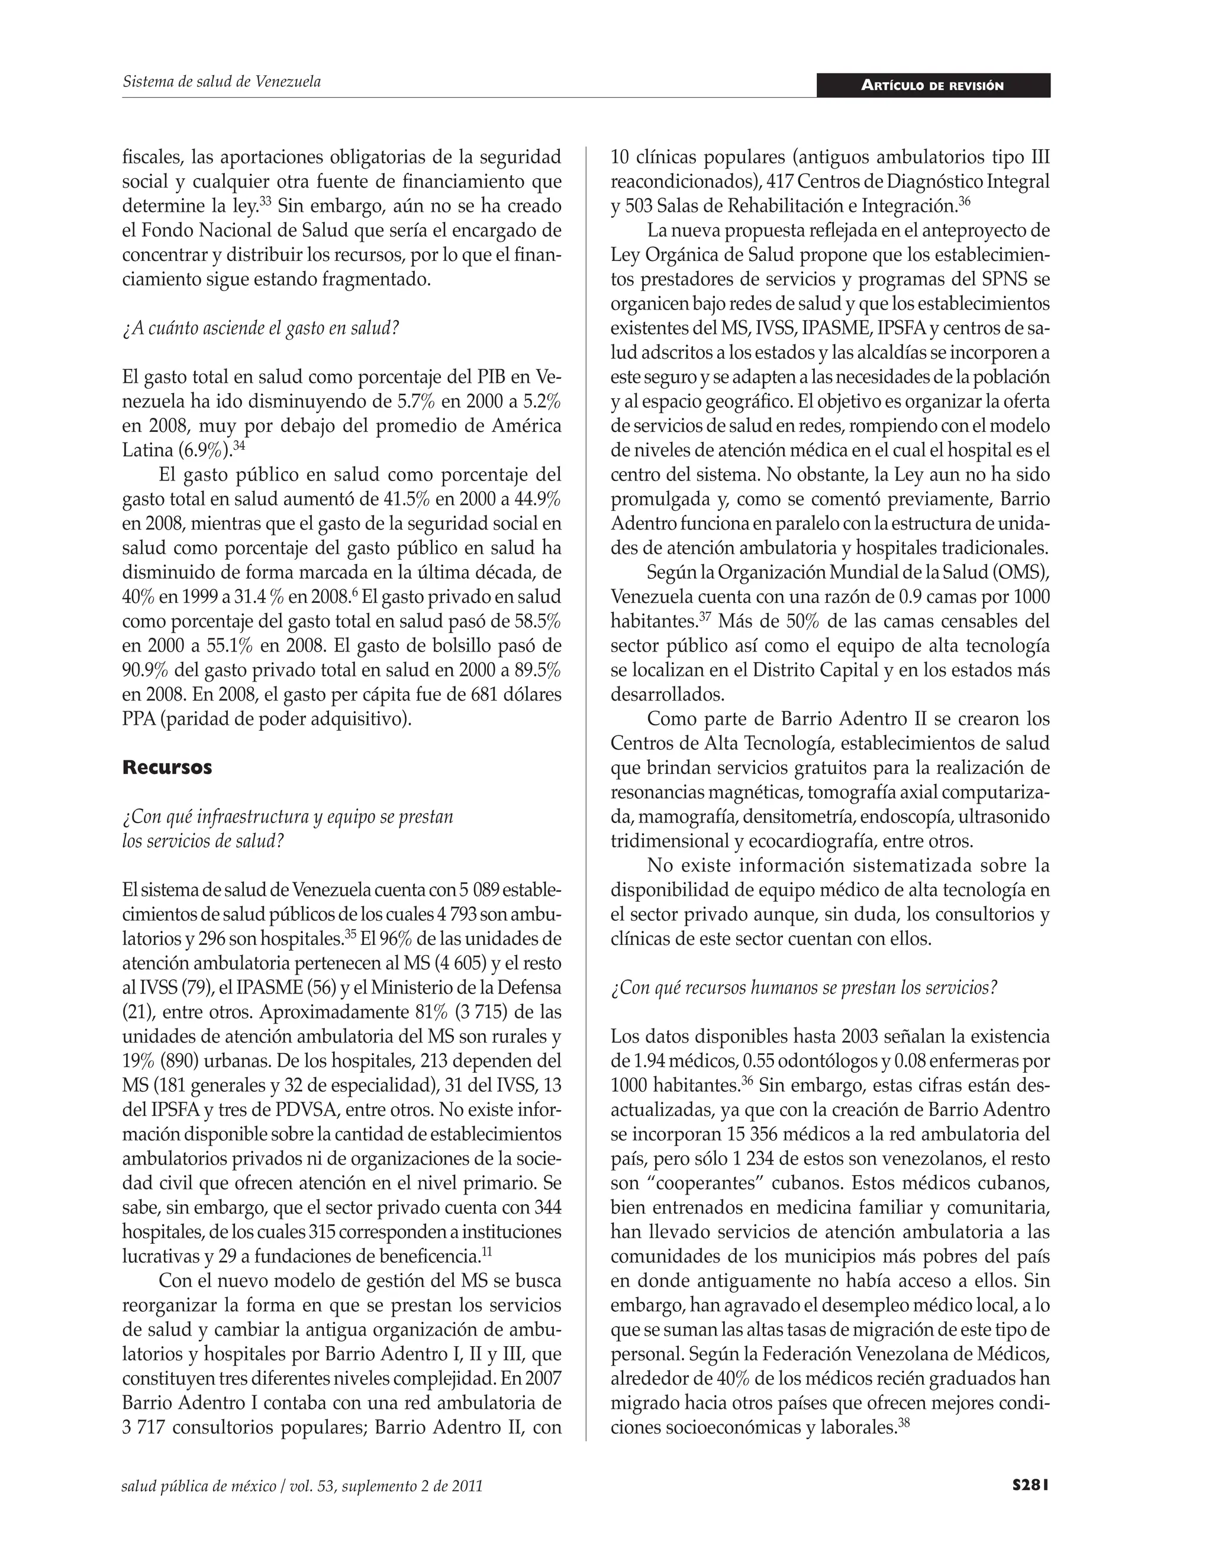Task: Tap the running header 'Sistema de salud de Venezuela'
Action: coord(222,81)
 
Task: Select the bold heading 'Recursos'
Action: coord(167,767)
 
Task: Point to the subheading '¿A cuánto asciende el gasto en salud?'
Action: coord(260,328)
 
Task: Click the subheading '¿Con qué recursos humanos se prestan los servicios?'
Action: coord(804,988)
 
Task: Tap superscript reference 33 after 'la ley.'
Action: coord(265,202)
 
